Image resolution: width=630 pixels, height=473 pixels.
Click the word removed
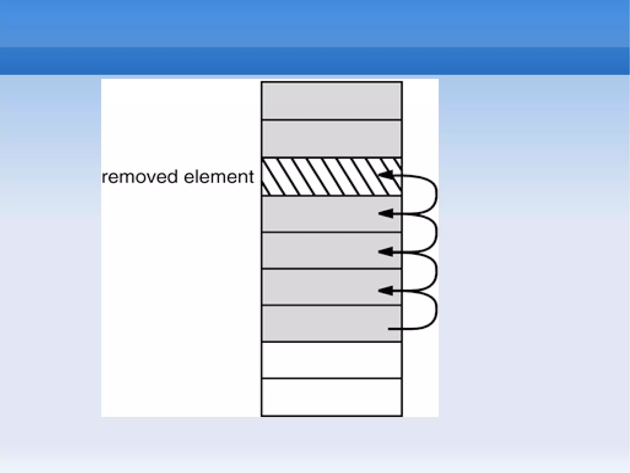(x=140, y=177)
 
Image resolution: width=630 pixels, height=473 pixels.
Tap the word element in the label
(x=219, y=177)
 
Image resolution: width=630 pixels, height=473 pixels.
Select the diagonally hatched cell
(x=320, y=177)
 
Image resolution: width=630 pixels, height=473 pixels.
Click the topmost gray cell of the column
(x=332, y=100)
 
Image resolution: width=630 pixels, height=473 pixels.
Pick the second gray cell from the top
(x=332, y=139)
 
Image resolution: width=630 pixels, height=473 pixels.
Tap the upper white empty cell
(x=332, y=360)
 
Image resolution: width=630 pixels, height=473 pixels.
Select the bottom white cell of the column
(x=332, y=398)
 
